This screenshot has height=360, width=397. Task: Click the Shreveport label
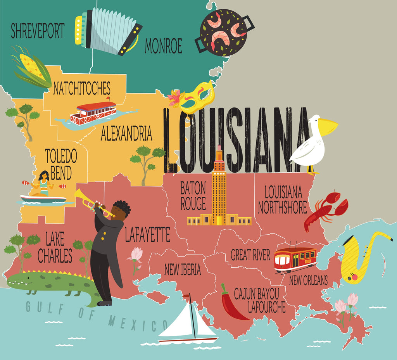click(38, 31)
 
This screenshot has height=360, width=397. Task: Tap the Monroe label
click(163, 46)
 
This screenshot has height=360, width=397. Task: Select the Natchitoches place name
click(81, 88)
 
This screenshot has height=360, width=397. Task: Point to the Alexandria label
click(126, 133)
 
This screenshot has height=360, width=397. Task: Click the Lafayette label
click(147, 235)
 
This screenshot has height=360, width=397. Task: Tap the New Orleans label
click(308, 280)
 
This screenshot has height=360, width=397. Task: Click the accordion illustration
click(109, 30)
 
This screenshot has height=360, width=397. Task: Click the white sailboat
click(188, 324)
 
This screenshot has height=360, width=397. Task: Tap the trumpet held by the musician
click(91, 202)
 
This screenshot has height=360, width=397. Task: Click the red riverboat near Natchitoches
click(93, 112)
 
